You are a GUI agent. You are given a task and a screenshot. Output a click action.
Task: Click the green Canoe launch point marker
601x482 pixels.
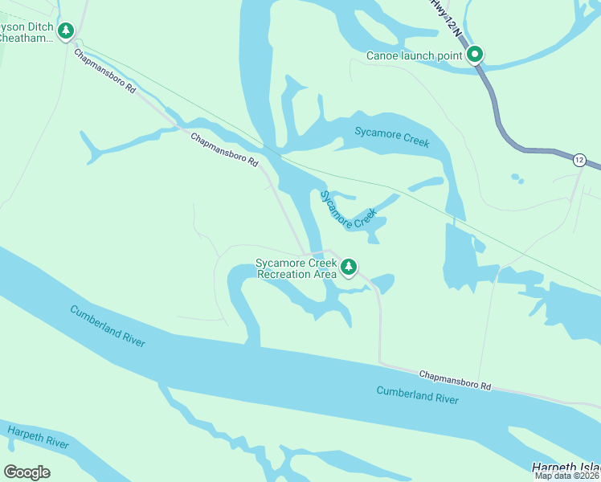475,55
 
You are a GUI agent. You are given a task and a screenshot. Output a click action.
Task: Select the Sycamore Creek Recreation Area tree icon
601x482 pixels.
348,267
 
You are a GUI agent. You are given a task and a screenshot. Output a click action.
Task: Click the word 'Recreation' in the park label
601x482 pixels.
285,274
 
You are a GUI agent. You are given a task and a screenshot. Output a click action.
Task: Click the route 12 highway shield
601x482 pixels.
579,160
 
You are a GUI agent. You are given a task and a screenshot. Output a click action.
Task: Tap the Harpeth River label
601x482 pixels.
38,438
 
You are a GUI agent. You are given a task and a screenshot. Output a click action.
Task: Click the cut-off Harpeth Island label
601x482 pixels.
566,468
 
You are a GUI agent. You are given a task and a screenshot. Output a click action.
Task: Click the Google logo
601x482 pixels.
27,472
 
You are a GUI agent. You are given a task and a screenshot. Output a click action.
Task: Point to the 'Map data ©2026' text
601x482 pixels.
567,476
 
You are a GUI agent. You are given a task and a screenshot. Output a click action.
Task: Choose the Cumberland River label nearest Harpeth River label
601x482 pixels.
107,325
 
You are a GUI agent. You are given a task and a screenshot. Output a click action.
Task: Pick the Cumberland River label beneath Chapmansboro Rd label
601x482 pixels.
418,394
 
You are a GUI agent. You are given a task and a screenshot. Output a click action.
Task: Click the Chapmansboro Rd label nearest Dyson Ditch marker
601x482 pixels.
105,71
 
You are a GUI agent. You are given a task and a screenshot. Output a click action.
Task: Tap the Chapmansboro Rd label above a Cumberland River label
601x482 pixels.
455,380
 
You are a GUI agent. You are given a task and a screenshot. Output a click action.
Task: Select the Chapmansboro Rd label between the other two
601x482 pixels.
224,150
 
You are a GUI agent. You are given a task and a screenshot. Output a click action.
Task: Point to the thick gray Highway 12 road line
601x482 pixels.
500,120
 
